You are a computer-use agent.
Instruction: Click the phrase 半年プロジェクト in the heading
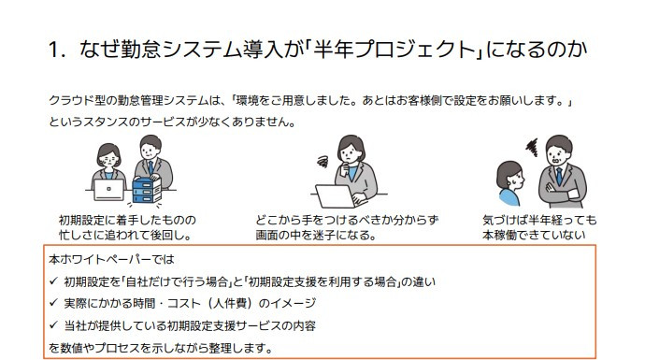394,50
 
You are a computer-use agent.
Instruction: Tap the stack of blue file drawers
147,191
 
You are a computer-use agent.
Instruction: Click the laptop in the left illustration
109,190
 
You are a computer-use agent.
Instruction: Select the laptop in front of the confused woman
336,196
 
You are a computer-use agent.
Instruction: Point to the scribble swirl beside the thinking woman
322,161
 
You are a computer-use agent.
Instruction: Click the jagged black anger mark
532,148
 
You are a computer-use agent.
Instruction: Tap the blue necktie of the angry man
559,176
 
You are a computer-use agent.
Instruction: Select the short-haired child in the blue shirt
509,183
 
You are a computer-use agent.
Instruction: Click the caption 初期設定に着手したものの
127,220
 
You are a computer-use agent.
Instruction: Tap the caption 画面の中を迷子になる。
316,235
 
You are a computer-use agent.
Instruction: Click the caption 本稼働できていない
534,235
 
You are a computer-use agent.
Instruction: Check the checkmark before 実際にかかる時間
53,303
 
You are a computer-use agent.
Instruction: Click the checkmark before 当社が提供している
53,325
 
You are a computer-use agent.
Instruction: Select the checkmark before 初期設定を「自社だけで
53,281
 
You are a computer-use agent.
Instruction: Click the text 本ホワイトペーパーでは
111,259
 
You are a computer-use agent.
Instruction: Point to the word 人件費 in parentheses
234,303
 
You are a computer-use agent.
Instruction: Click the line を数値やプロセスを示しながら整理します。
161,348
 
